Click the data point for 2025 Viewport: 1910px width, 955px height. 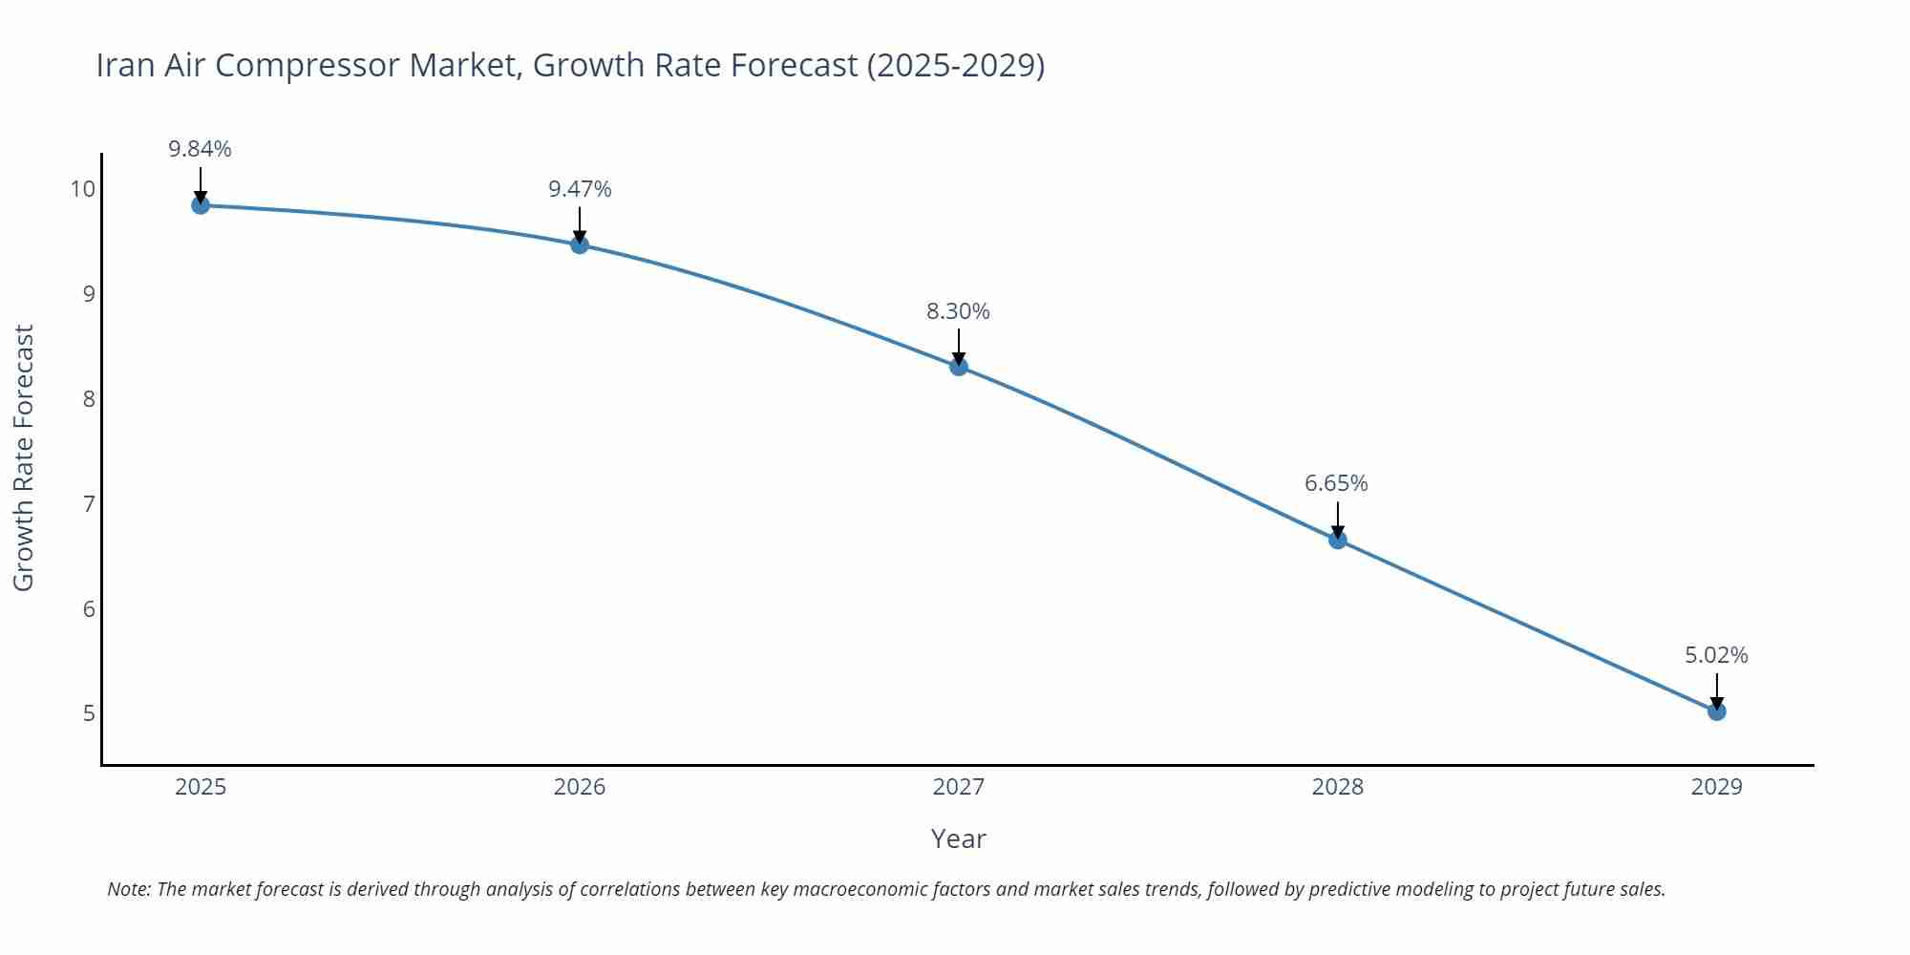pyautogui.click(x=201, y=205)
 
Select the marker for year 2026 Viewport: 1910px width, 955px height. pyautogui.click(x=580, y=244)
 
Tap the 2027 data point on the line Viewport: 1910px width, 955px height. pyautogui.click(x=959, y=367)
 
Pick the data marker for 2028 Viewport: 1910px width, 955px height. pyautogui.click(x=1338, y=540)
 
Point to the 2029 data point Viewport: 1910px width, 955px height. pyautogui.click(x=1717, y=711)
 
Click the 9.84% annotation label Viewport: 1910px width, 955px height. pyautogui.click(x=201, y=149)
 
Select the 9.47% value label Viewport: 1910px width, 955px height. pyautogui.click(x=580, y=189)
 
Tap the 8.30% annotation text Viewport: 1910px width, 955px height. pyautogui.click(x=958, y=311)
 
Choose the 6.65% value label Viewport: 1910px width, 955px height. pyautogui.click(x=1336, y=483)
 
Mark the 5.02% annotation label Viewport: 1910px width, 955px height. pyautogui.click(x=1716, y=655)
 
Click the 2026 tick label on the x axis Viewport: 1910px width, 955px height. pyautogui.click(x=580, y=787)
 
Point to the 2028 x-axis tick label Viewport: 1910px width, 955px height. pyautogui.click(x=1338, y=787)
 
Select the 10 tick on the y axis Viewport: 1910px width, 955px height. pyautogui.click(x=83, y=189)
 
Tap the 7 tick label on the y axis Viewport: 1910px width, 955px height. pyautogui.click(x=90, y=504)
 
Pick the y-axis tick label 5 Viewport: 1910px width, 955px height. pyautogui.click(x=90, y=713)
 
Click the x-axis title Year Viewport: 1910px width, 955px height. pyautogui.click(x=958, y=838)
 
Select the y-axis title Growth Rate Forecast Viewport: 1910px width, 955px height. pyautogui.click(x=24, y=458)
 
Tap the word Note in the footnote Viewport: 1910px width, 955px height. pyautogui.click(x=128, y=889)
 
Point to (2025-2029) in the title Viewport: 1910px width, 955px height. pyautogui.click(x=956, y=65)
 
